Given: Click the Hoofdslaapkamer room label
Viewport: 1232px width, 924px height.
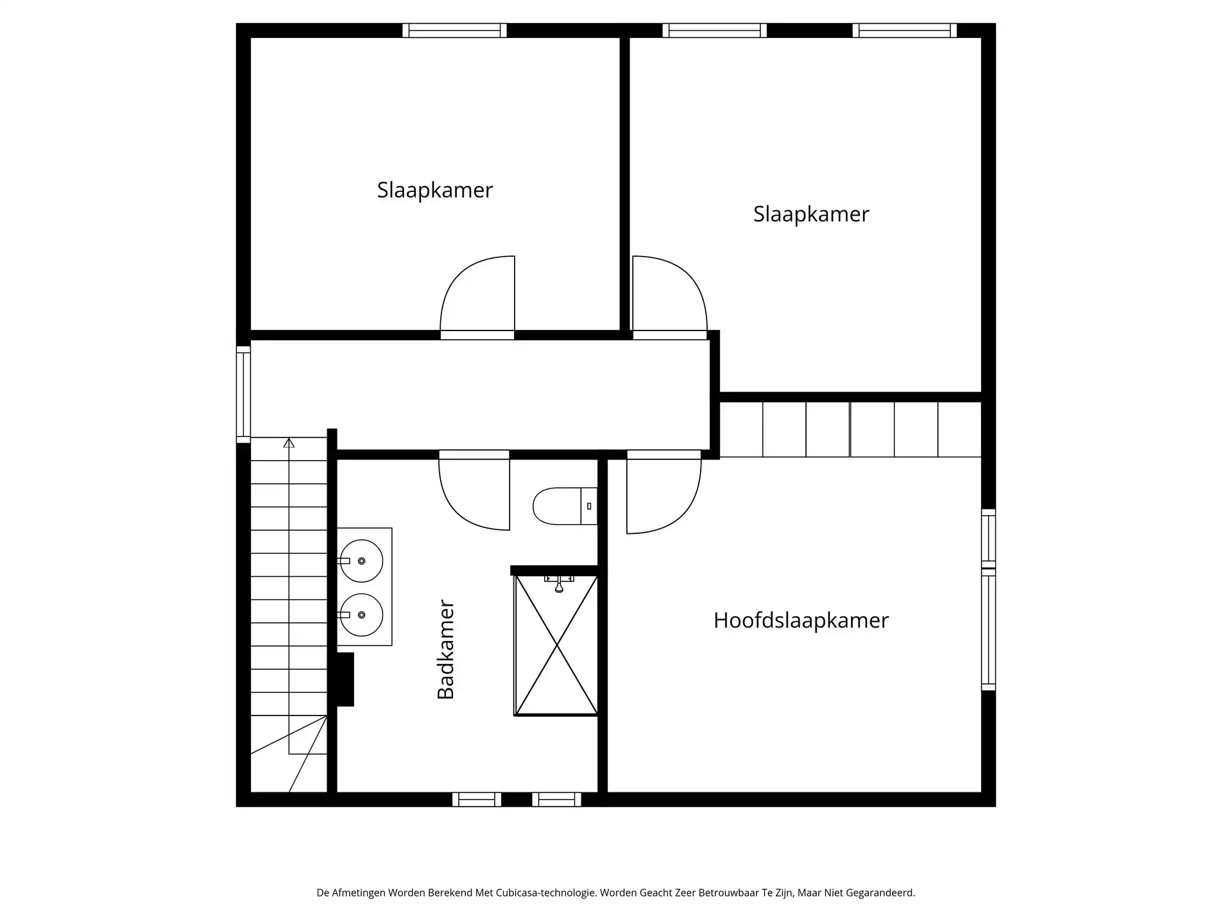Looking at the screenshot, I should tap(801, 620).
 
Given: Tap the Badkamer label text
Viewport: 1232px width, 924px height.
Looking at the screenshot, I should tap(446, 649).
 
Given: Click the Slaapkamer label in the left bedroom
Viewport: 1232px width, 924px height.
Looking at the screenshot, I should tap(434, 190).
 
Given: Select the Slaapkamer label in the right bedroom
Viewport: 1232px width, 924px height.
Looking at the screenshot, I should tap(811, 214).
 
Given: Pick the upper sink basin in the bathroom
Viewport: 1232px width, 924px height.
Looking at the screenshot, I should tap(361, 561).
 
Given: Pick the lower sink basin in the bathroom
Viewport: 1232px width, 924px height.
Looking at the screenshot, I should tap(361, 615).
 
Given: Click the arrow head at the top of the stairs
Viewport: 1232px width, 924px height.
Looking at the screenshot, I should tap(289, 443).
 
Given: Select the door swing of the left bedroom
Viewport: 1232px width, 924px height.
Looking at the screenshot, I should tap(478, 295).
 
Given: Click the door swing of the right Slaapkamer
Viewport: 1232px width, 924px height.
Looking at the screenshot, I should tap(669, 295).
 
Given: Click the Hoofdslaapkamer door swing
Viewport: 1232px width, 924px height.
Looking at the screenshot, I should tap(663, 493).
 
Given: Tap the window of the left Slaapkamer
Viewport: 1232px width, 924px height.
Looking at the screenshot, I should tap(454, 30).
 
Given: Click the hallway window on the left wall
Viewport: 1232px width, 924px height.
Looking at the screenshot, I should tap(243, 394).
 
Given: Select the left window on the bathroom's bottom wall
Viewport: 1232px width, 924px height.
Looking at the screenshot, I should tap(476, 800).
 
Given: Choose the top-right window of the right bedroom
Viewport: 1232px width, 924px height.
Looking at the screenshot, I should tap(904, 30).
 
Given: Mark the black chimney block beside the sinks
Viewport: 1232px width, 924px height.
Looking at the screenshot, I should tap(345, 680).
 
